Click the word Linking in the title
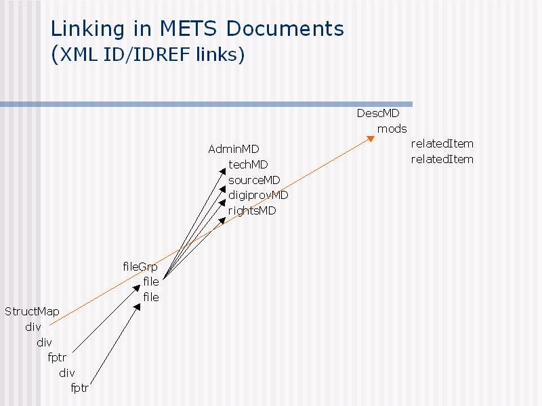pos(87,29)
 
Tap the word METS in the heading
pos(188,28)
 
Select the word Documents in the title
pos(285,28)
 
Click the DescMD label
pos(378,113)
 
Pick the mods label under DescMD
pos(392,129)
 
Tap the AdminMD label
pos(233,149)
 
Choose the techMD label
pos(248,164)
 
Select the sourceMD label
pos(254,180)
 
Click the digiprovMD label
pos(258,196)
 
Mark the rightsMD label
pos(252,210)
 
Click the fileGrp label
pos(140,267)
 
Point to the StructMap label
pos(32,312)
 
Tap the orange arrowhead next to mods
pos(371,139)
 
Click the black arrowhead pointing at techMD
pos(223,172)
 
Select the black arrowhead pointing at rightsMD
pos(222,221)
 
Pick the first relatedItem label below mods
pos(442,143)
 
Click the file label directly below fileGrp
pos(151,281)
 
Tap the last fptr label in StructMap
pos(79,388)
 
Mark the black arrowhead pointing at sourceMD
pos(223,189)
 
